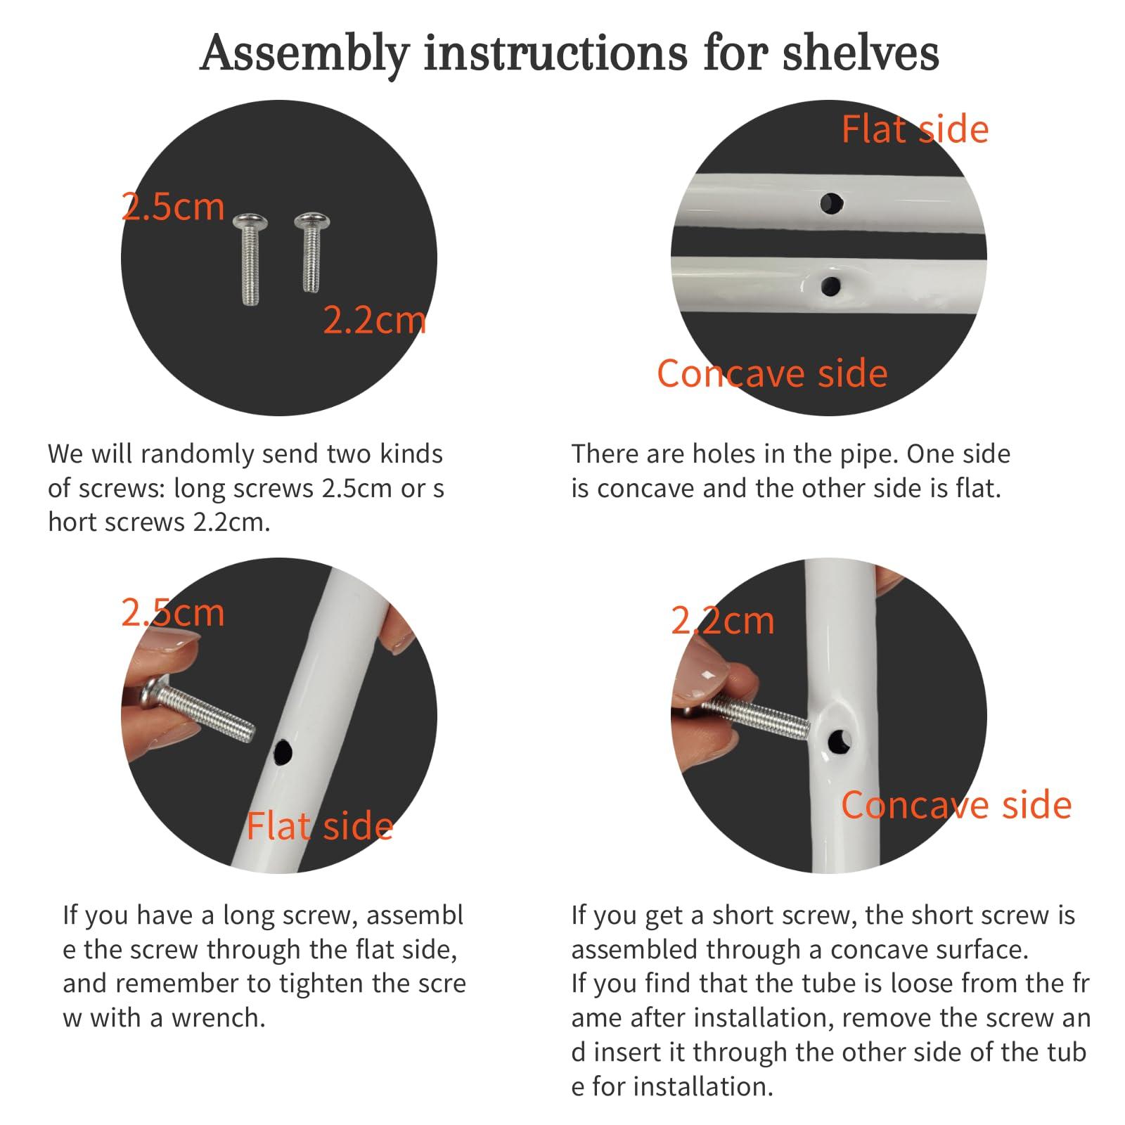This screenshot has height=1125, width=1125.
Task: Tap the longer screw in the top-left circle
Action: click(x=250, y=259)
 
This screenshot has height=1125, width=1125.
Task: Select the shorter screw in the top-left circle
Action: click(x=311, y=252)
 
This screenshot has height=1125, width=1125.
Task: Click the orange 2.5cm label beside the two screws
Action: click(x=173, y=207)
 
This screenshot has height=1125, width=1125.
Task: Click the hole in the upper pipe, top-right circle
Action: click(x=832, y=204)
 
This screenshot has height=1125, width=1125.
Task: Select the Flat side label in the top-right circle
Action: click(x=915, y=129)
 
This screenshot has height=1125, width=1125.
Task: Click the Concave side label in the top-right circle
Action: click(x=772, y=373)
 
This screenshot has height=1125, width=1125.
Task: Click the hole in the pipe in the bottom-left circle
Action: click(x=283, y=752)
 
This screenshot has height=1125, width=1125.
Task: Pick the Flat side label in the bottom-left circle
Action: click(x=319, y=826)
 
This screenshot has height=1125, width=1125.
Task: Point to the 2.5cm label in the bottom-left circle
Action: click(x=173, y=612)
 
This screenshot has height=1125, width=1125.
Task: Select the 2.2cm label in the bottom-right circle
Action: click(x=723, y=620)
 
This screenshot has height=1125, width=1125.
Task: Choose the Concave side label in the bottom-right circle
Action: click(x=956, y=805)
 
